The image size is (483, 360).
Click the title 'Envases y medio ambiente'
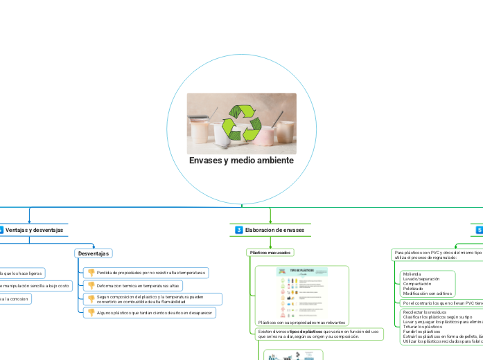(x=241, y=161)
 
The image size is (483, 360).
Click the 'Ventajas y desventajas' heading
(x=34, y=230)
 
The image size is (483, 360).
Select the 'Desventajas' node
(x=93, y=253)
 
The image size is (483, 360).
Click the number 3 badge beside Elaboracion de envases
(x=238, y=230)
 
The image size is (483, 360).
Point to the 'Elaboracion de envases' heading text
(x=274, y=230)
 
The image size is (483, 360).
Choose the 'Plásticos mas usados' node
(x=270, y=253)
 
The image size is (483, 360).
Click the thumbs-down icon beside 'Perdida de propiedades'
(x=91, y=273)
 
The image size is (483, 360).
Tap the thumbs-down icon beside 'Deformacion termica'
(x=91, y=285)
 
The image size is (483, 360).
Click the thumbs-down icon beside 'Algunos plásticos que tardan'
(x=91, y=313)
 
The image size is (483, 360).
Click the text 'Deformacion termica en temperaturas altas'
(x=139, y=285)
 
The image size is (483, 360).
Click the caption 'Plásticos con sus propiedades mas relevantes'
(x=301, y=323)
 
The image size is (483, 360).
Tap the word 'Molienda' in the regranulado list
(x=412, y=274)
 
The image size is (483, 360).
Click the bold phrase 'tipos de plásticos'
(x=306, y=332)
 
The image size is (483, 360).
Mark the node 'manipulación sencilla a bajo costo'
(x=35, y=285)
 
